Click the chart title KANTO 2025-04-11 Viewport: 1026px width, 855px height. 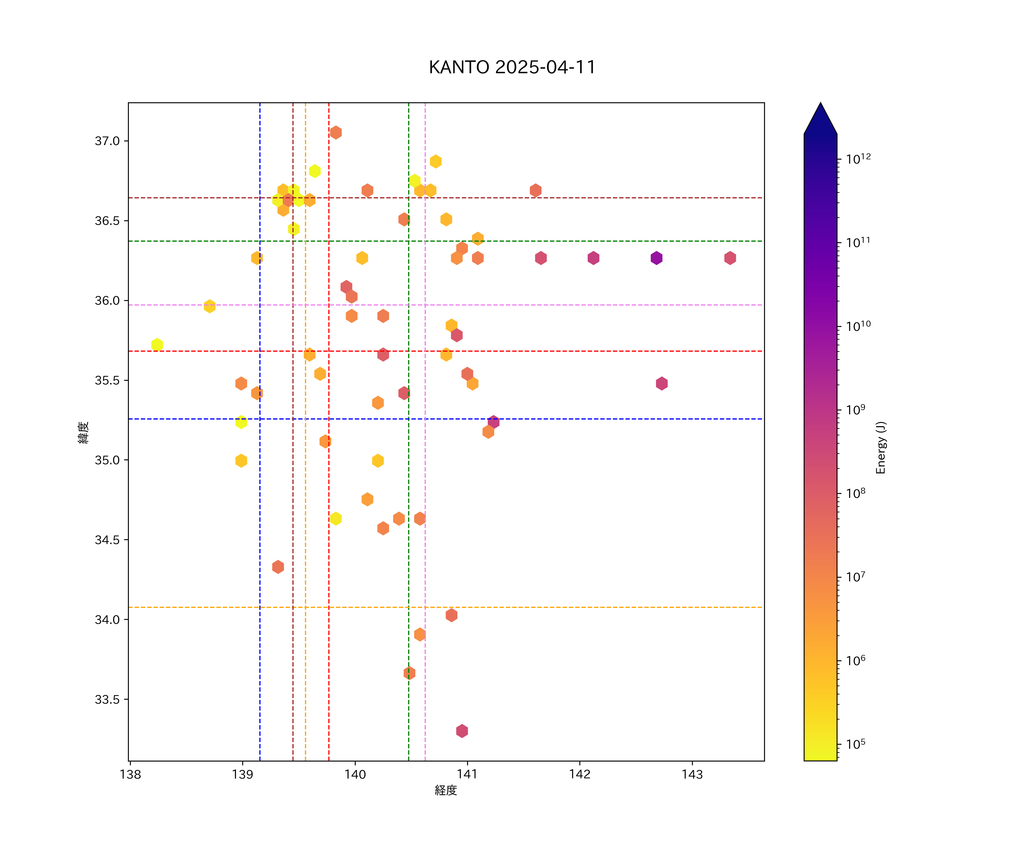512,68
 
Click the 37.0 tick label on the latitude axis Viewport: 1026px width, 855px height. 107,141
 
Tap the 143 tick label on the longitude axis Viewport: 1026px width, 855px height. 692,774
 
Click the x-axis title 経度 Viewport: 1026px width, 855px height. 445,790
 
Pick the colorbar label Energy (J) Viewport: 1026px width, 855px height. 880,447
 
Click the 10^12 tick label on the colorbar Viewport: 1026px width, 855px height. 858,159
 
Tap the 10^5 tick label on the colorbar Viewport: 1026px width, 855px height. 856,744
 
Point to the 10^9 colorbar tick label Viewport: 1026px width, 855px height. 856,410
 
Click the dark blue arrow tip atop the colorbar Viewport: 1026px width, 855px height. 820,115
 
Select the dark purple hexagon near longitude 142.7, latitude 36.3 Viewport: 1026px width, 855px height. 656,258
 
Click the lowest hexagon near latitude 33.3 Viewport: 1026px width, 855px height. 462,731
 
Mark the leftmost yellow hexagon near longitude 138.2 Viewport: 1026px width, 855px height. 157,345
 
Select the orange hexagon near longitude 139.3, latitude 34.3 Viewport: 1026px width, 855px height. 278,567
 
